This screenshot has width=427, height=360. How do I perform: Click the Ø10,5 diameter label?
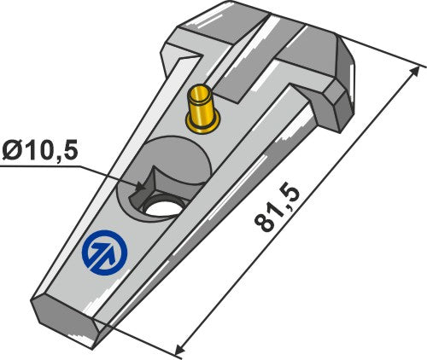coord(40,151)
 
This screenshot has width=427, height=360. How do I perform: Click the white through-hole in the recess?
coord(160,206)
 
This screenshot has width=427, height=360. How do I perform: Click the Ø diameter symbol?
coord(12,151)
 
